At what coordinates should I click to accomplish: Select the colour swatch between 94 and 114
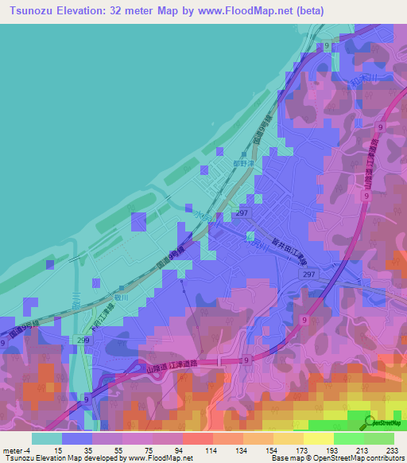(x=196, y=438)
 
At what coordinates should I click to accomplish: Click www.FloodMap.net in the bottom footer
(x=158, y=458)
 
